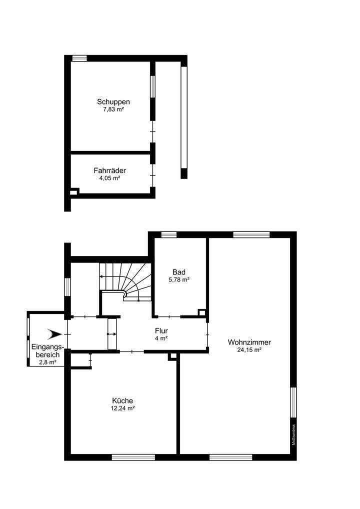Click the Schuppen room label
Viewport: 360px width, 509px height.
[x=109, y=101]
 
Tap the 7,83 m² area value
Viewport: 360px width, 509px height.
[x=110, y=109]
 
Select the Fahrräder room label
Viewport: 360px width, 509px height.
[x=106, y=170]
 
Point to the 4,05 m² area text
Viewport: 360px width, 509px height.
[x=109, y=177]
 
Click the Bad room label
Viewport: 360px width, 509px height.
[x=179, y=272]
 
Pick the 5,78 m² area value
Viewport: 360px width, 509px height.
[x=179, y=279]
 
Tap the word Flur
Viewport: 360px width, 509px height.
[x=161, y=331]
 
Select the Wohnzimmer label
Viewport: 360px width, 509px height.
[x=249, y=342]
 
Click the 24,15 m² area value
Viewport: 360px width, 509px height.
[x=249, y=350]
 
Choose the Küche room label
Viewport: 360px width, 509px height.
[x=122, y=400]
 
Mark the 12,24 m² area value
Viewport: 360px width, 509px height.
[x=123, y=408]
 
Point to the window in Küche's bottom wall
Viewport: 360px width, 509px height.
[x=133, y=457]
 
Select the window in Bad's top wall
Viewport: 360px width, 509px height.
[x=169, y=234]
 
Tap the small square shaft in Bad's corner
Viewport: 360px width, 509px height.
[x=202, y=313]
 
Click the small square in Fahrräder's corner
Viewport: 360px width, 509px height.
[x=74, y=191]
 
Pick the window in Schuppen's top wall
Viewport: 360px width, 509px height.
[x=79, y=58]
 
